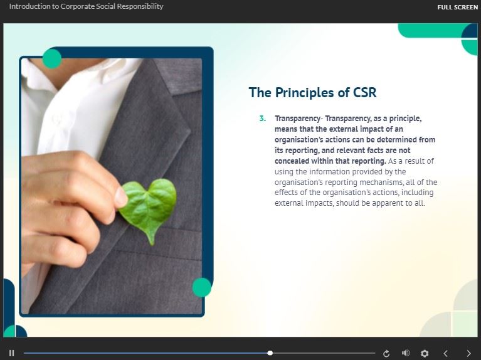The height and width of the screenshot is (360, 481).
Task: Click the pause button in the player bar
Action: (x=12, y=353)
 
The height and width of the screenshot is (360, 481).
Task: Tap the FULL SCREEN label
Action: (x=457, y=7)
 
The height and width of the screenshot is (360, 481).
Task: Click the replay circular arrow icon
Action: (x=386, y=354)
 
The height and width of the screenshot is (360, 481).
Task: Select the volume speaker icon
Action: (x=406, y=353)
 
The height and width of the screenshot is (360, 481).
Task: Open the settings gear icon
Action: (x=425, y=354)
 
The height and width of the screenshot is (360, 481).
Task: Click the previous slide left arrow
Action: (x=445, y=354)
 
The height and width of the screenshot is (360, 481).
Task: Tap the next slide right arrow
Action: (x=468, y=354)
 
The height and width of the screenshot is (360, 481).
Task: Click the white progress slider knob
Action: (x=270, y=353)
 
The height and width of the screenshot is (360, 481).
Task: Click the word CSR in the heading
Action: (x=365, y=93)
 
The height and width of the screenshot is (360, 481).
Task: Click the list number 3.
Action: (x=263, y=119)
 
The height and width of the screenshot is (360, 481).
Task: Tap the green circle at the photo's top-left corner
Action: (x=52, y=58)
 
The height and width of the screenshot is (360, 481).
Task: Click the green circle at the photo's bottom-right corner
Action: (x=201, y=287)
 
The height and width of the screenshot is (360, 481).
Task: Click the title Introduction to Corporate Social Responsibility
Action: (x=86, y=6)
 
